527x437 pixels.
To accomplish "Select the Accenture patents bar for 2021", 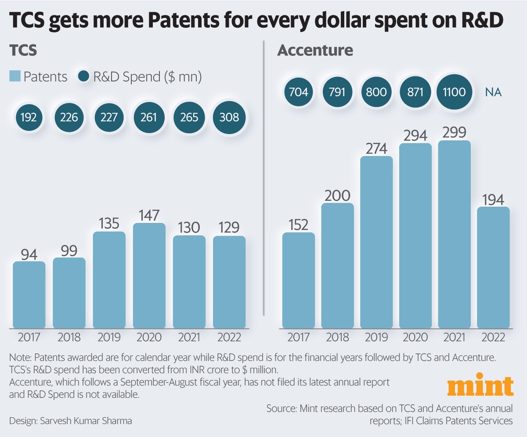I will coord(454,235).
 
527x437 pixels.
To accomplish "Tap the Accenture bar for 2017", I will coord(298,280).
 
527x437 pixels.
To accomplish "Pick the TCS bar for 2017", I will coord(29,295).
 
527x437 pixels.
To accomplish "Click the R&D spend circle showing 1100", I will coord(454,92).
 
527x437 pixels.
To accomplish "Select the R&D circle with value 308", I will coord(229,117).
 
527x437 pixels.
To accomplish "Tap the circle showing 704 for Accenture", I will coord(298,92).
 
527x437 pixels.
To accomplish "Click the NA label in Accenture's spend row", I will coord(493,92).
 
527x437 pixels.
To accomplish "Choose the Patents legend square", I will coord(15,77).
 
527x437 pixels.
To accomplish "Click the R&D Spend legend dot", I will coord(83,77).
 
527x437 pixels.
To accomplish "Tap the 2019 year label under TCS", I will coord(109,337).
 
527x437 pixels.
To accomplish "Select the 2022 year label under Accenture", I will coord(493,337).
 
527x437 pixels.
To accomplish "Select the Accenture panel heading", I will coord(315,50).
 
